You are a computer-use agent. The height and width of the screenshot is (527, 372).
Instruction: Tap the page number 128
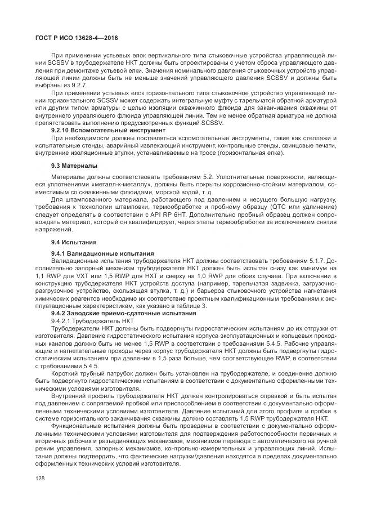point(40,479)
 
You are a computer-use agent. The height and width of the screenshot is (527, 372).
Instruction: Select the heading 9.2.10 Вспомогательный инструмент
point(100,129)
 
